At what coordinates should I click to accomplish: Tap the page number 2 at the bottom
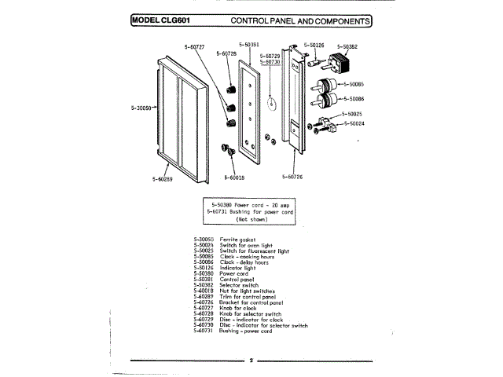[x=251, y=361]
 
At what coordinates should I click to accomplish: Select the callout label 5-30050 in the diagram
[x=142, y=108]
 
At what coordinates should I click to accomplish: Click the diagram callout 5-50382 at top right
[x=347, y=46]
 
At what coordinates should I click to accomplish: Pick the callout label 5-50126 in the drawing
[x=314, y=46]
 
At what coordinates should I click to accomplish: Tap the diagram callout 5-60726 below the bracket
[x=290, y=177]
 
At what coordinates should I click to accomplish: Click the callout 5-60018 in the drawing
[x=234, y=178]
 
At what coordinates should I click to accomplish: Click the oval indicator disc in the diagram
[x=272, y=101]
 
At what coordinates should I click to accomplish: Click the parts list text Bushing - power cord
[x=246, y=331]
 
